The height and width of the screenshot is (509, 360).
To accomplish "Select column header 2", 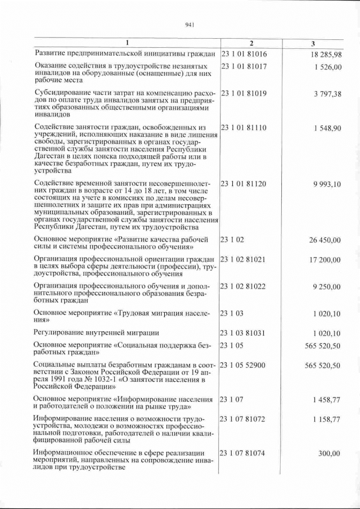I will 251,44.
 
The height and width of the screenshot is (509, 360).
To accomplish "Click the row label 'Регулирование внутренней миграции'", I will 96,332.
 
